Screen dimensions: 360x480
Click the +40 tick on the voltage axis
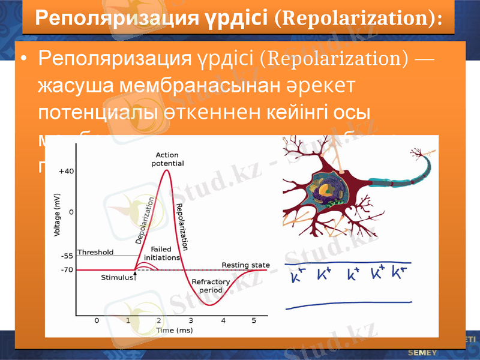point(66,171)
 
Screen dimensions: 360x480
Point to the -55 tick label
point(67,256)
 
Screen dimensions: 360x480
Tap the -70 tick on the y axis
point(67,270)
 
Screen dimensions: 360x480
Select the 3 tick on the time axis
point(191,320)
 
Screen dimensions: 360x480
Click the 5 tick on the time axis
point(254,320)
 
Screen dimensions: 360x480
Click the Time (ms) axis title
point(175,331)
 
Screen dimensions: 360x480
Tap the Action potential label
point(167,159)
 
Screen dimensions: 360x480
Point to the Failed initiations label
point(161,253)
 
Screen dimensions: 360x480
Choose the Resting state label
point(245,265)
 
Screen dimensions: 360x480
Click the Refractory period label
point(207,286)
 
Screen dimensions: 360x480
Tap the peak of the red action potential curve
point(166,170)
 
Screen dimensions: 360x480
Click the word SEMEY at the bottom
point(422,352)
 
